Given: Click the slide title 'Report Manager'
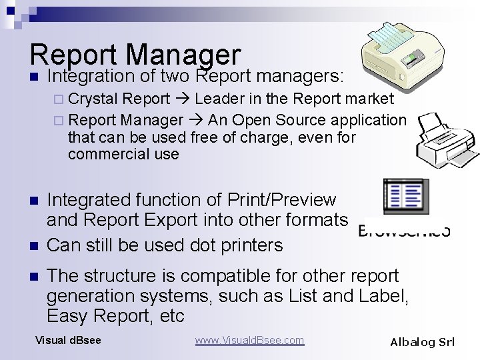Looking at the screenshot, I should click(135, 55).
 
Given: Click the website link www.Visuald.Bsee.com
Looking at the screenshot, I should click(249, 341).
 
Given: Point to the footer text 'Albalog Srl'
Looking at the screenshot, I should click(422, 342).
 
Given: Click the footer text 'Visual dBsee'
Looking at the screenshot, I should click(68, 341).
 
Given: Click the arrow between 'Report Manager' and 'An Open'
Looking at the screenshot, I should click(195, 121).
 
